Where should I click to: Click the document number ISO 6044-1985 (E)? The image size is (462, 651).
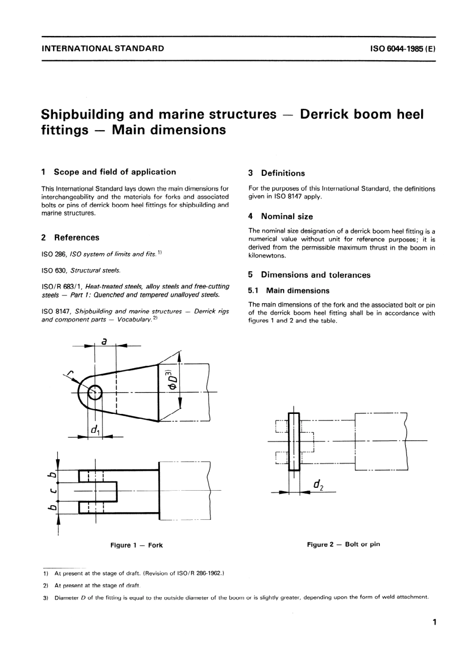pyautogui.click(x=403, y=49)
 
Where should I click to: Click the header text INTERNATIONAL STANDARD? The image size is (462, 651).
pyautogui.click(x=103, y=49)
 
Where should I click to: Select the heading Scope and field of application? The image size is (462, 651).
pyautogui.click(x=114, y=172)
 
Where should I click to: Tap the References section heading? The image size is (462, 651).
pyautogui.click(x=76, y=238)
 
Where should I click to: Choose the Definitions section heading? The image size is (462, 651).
pyautogui.click(x=283, y=173)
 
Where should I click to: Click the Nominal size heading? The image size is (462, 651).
pyautogui.click(x=286, y=217)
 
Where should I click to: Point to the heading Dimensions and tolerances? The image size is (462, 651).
pyautogui.click(x=315, y=275)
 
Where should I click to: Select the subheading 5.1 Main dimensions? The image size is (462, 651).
pyautogui.click(x=297, y=291)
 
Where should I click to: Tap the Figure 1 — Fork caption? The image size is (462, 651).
pyautogui.click(x=136, y=545)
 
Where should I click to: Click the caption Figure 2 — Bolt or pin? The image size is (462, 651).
pyautogui.click(x=343, y=544)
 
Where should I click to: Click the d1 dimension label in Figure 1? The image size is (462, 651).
pyautogui.click(x=95, y=430)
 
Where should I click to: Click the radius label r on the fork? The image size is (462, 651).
pyautogui.click(x=71, y=373)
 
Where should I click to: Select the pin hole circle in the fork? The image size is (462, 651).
pyautogui.click(x=95, y=392)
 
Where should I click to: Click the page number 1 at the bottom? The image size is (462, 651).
pyautogui.click(x=433, y=622)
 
